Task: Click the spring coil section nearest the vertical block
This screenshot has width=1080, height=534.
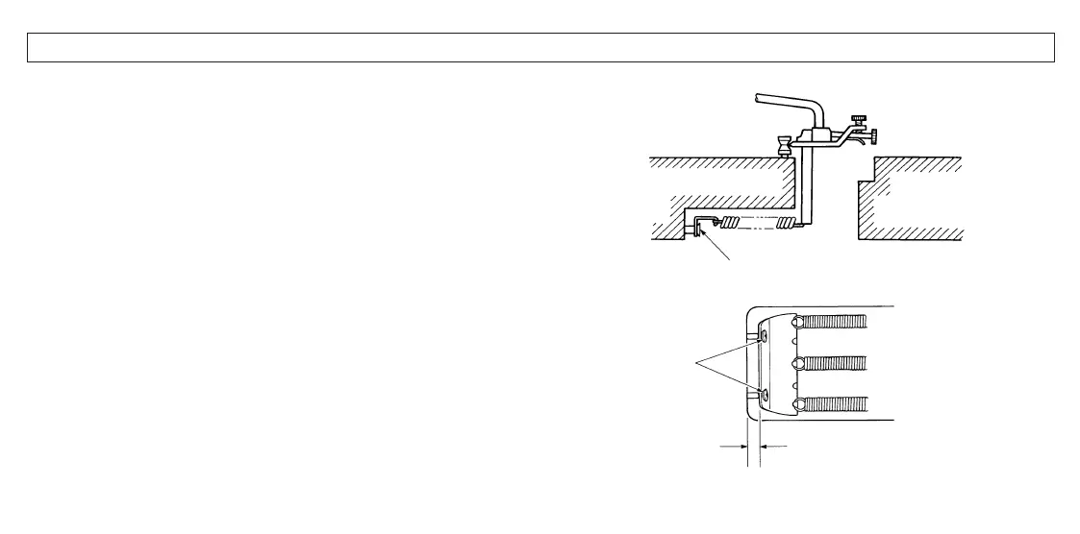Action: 789,227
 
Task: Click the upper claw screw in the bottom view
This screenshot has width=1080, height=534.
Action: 762,337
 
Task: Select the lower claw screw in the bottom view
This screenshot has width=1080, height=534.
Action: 762,395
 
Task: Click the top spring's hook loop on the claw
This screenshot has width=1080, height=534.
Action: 796,325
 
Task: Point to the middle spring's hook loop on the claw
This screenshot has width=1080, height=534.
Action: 796,364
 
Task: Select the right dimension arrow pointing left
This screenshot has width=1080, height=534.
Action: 773,446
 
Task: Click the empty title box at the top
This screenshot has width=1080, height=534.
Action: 540,47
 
